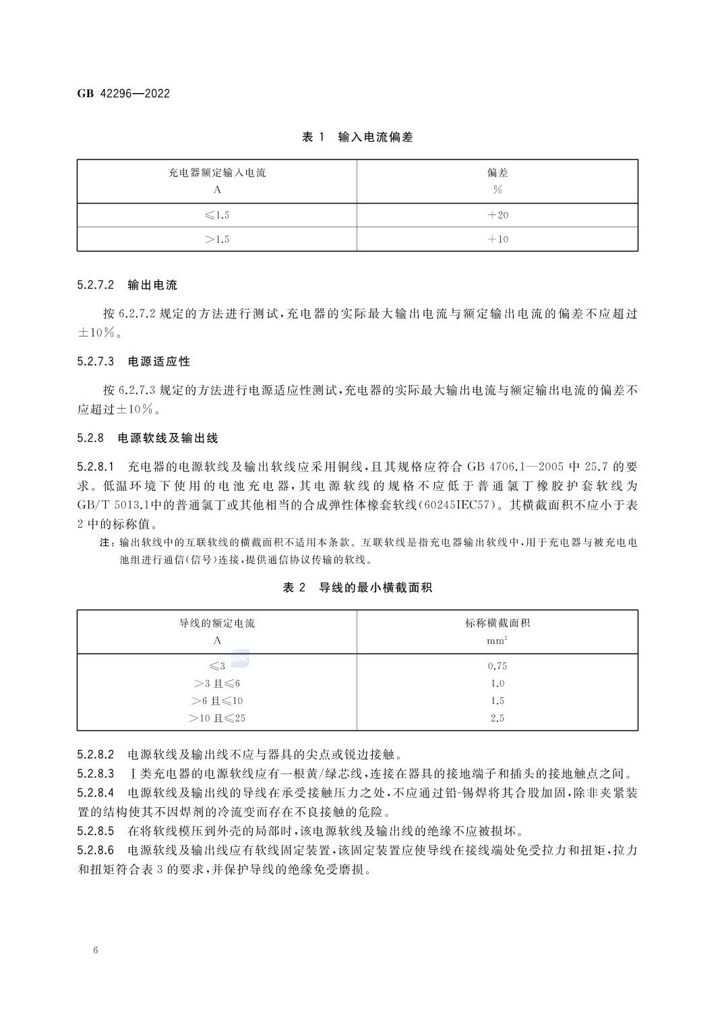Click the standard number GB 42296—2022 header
point(123,94)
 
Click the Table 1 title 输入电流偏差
point(375,138)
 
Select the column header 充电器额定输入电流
point(217,173)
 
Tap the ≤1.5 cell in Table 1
point(217,215)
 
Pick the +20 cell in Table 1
point(497,215)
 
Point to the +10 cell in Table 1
point(497,239)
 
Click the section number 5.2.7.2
point(96,285)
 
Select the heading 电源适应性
point(159,361)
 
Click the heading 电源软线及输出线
point(168,438)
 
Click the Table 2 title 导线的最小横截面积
point(375,588)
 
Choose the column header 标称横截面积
point(497,623)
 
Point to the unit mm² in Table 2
point(497,641)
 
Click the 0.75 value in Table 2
point(497,666)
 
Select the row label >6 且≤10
point(217,701)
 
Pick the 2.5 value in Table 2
point(497,718)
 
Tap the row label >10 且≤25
point(217,718)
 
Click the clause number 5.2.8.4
point(96,793)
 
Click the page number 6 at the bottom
point(96,951)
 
